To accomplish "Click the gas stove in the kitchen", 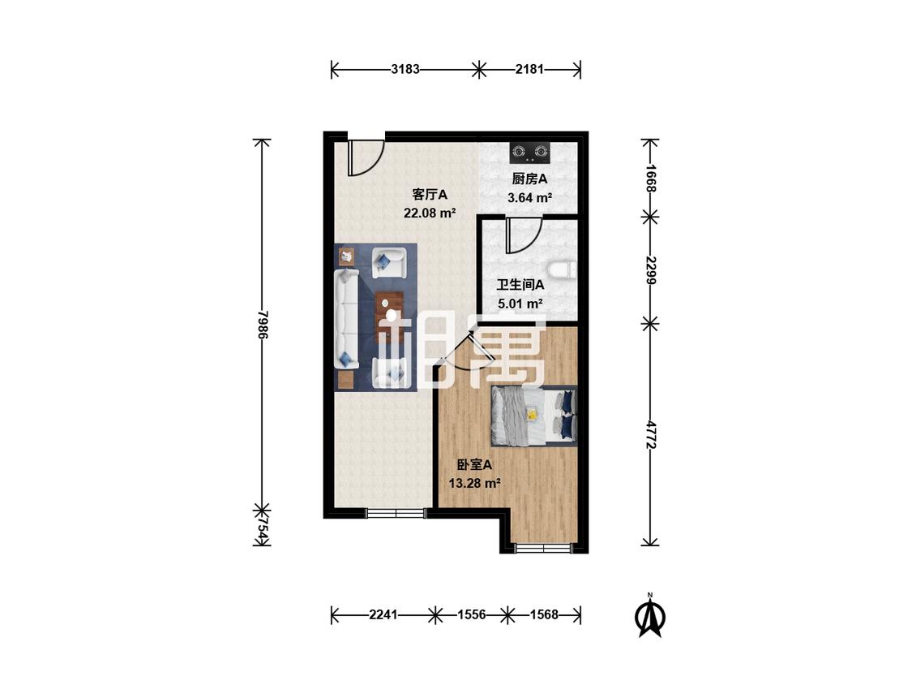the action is (529, 153).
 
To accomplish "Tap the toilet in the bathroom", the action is (562, 269).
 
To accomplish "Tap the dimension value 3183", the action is (405, 69).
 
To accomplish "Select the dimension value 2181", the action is (529, 69).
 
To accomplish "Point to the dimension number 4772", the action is (651, 435).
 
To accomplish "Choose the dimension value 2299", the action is (651, 270).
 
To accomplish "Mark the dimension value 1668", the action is (651, 179).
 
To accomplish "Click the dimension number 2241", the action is (383, 614).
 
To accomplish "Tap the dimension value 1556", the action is (472, 614).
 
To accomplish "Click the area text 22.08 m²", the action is (429, 213).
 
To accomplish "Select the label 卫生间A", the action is (520, 285).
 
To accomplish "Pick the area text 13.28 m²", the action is (474, 483).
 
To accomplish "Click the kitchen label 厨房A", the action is (529, 179).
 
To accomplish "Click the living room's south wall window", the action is (396, 513).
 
